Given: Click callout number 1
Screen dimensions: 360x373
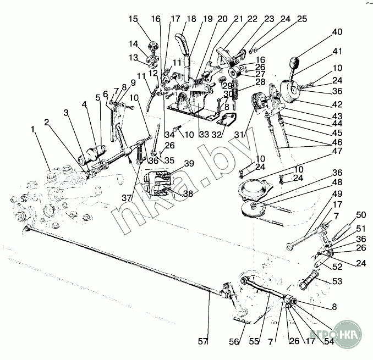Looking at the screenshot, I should pos(34,129).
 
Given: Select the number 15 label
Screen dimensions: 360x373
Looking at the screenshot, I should pos(133,19).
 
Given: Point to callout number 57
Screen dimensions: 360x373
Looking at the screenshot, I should pos(203,342).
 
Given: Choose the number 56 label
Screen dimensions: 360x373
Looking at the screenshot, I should pos(234,342).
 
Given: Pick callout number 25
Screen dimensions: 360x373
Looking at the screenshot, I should pos(302,18).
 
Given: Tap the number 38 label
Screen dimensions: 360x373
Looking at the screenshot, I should pos(189,194).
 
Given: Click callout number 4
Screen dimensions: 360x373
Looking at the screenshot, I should pos(85,103).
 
